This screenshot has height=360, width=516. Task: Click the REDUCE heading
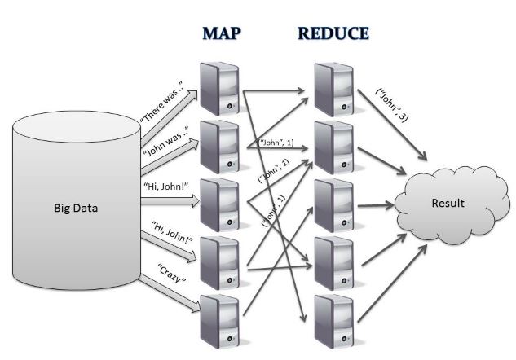(333, 33)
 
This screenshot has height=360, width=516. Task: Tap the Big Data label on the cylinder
(73, 208)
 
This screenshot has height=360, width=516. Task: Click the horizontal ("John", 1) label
(277, 143)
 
